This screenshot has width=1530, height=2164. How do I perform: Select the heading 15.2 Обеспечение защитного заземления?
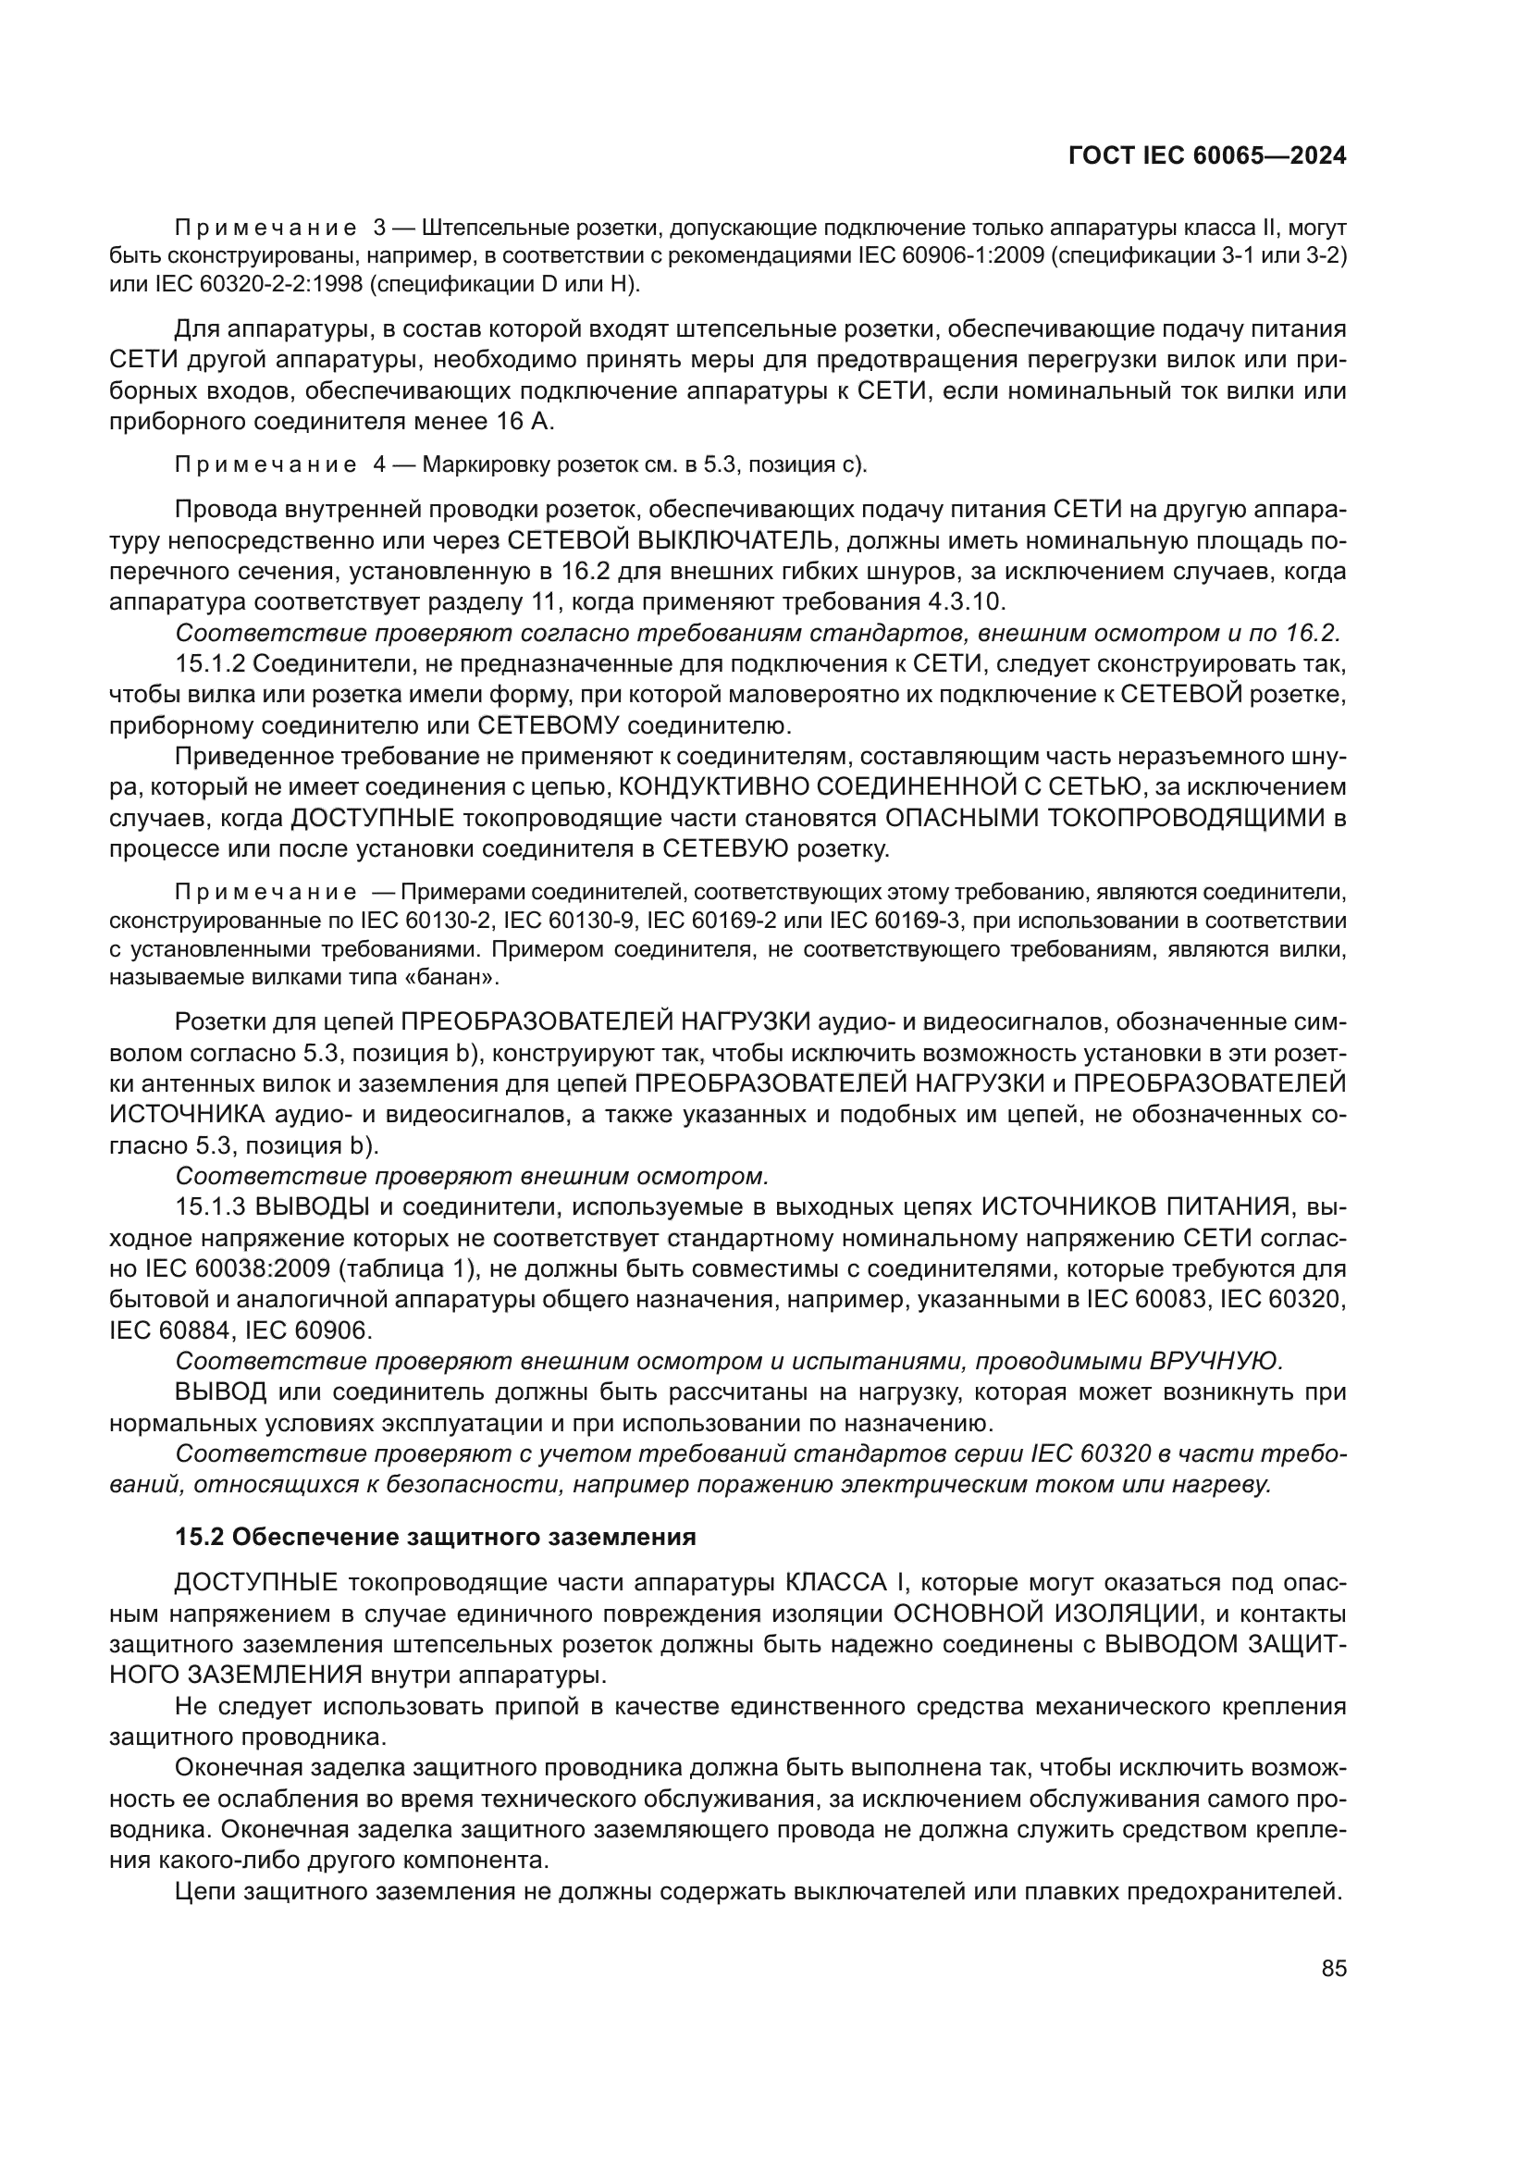point(436,1538)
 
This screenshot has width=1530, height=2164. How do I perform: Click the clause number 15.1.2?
point(210,663)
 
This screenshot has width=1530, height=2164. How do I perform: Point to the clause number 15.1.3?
point(210,1206)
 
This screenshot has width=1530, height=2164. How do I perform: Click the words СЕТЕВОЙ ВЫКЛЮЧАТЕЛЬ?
point(670,540)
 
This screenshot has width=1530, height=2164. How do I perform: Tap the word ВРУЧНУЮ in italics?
point(1215,1360)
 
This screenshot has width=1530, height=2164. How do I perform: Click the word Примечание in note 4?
point(265,464)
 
